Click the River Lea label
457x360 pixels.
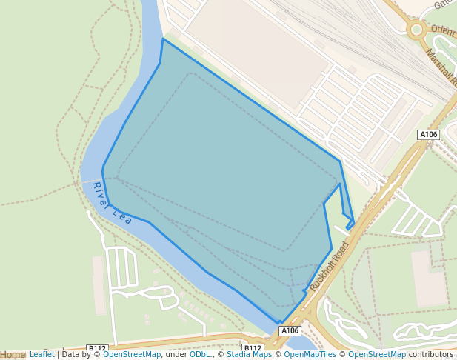(x=112, y=203)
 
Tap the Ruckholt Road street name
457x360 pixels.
(x=330, y=266)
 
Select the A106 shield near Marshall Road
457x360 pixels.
(x=428, y=135)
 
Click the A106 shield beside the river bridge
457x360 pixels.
(x=290, y=330)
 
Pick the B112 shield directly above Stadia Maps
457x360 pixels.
(x=253, y=347)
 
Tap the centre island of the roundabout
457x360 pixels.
(x=416, y=30)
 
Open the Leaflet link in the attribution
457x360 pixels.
(x=42, y=355)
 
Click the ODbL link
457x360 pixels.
(x=199, y=355)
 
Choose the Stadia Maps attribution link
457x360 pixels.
(x=249, y=355)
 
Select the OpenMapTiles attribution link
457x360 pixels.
(x=306, y=355)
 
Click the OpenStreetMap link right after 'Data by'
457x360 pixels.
(x=132, y=355)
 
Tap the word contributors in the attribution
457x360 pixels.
(x=431, y=355)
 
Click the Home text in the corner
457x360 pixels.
(x=13, y=355)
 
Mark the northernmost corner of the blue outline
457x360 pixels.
(x=163, y=39)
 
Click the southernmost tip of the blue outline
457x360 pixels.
(x=281, y=324)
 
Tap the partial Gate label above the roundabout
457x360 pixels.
(x=443, y=4)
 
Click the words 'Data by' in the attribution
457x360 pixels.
(x=81, y=355)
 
